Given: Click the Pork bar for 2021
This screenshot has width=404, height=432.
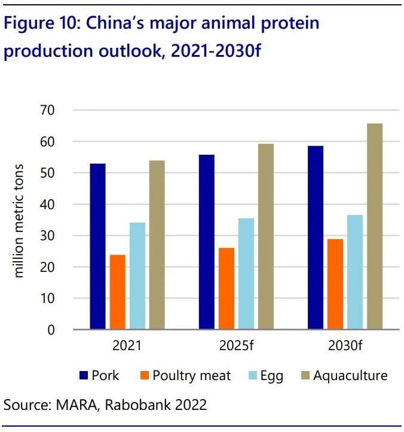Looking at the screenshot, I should click(x=97, y=246).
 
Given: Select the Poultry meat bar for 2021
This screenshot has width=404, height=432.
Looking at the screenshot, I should click(x=117, y=292).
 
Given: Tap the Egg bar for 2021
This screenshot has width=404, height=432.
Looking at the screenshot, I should click(x=137, y=276).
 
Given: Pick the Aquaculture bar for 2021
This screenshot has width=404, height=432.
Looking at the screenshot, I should click(x=157, y=245).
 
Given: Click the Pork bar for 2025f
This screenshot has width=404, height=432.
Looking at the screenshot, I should click(x=207, y=242).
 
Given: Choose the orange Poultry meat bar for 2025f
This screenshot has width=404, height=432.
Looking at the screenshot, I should click(x=227, y=289).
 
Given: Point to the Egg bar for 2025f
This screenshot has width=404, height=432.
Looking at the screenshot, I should click(x=246, y=274).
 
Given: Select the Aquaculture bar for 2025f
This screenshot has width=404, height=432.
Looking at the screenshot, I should click(x=266, y=237).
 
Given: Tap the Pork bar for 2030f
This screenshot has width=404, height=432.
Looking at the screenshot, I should click(x=316, y=238).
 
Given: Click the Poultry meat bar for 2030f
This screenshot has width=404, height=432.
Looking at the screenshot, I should click(x=335, y=284).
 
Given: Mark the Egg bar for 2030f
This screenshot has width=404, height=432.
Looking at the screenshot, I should click(x=355, y=272).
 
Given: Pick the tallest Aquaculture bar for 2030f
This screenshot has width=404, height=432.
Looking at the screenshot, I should click(x=375, y=226).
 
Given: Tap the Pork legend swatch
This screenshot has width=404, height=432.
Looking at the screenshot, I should click(x=83, y=376).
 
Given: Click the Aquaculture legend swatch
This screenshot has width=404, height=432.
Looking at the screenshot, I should click(x=305, y=376).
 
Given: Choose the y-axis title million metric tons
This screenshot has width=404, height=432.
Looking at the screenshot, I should click(x=19, y=220).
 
